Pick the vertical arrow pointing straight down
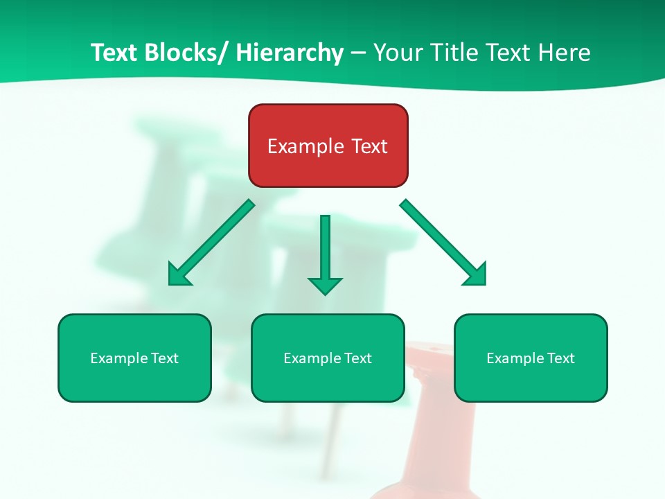coord(325,253)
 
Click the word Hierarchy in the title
coord(289,53)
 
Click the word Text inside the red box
coord(368,146)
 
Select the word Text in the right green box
coord(560,358)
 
